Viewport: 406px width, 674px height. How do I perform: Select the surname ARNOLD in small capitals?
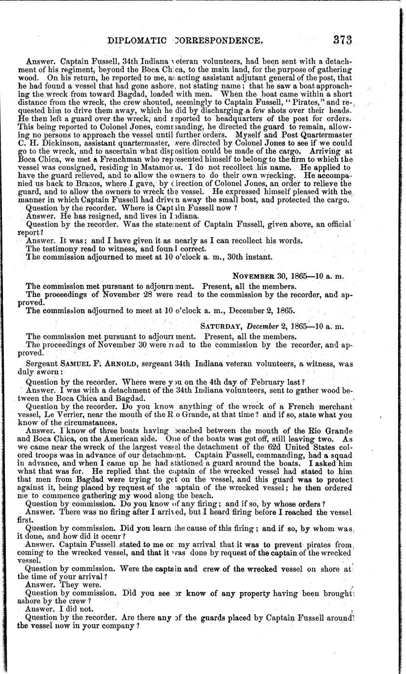click(108, 363)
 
